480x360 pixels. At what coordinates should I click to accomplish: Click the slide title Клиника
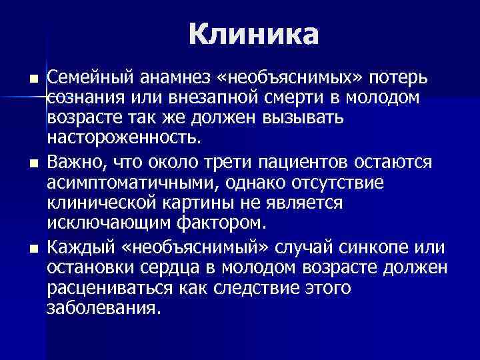[254, 34]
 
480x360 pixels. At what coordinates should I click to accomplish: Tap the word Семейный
[83, 78]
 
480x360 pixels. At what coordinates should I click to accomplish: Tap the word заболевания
[103, 309]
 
